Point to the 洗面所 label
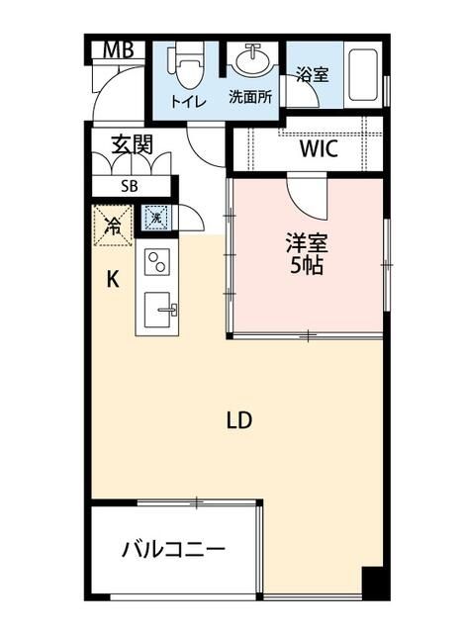(x=251, y=97)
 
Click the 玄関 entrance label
(x=131, y=144)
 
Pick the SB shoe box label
(x=130, y=186)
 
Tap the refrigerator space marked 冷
(x=113, y=224)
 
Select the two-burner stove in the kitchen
(x=158, y=263)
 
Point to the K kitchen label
(x=114, y=280)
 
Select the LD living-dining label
(x=240, y=419)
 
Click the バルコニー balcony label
(x=174, y=549)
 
